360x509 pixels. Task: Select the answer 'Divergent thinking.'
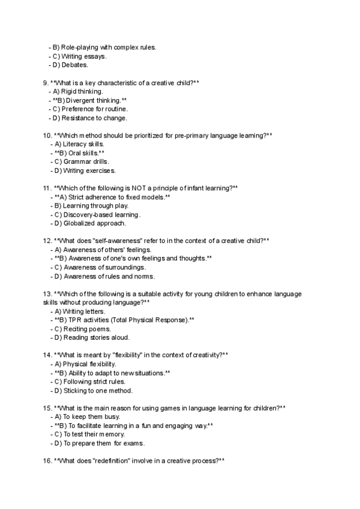(95, 100)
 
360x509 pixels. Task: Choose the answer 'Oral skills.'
(88, 153)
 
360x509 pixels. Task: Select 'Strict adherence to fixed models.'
(116, 197)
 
